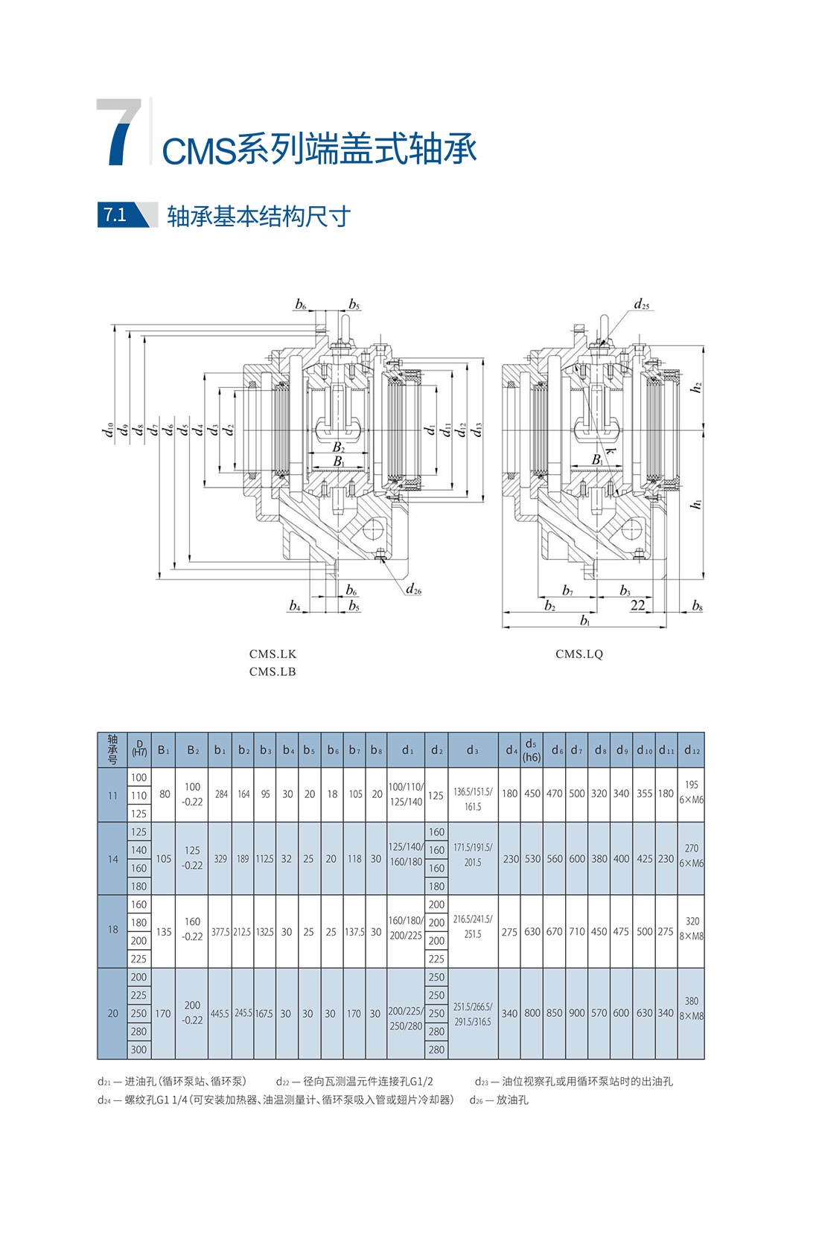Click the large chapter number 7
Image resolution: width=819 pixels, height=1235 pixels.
(119, 133)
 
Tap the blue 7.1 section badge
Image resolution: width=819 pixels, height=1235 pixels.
(116, 215)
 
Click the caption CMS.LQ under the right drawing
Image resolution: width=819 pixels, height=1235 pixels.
(579, 654)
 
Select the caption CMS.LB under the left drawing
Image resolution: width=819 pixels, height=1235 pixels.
(273, 671)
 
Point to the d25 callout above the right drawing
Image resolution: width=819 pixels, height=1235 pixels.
(641, 304)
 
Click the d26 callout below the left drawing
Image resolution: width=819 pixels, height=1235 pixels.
(413, 590)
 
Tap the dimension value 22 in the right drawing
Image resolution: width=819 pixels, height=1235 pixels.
(637, 605)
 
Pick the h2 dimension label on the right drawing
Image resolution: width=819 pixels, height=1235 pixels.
(696, 388)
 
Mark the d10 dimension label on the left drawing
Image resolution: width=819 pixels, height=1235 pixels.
(109, 430)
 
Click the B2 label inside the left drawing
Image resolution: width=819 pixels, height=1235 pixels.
(339, 447)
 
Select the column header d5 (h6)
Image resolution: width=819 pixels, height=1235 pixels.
(531, 750)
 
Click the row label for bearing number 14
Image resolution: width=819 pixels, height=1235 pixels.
(112, 859)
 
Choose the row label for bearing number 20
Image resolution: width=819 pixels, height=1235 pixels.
(112, 1013)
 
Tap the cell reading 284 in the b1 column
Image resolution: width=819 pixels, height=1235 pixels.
(221, 794)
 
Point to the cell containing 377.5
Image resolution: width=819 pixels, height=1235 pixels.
(220, 932)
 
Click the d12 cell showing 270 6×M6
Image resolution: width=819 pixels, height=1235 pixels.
(691, 856)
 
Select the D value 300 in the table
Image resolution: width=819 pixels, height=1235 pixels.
(139, 1050)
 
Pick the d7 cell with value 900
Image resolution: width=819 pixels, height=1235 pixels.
(577, 1013)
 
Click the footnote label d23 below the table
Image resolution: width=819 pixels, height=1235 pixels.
(482, 1082)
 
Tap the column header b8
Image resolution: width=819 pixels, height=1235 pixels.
(376, 750)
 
